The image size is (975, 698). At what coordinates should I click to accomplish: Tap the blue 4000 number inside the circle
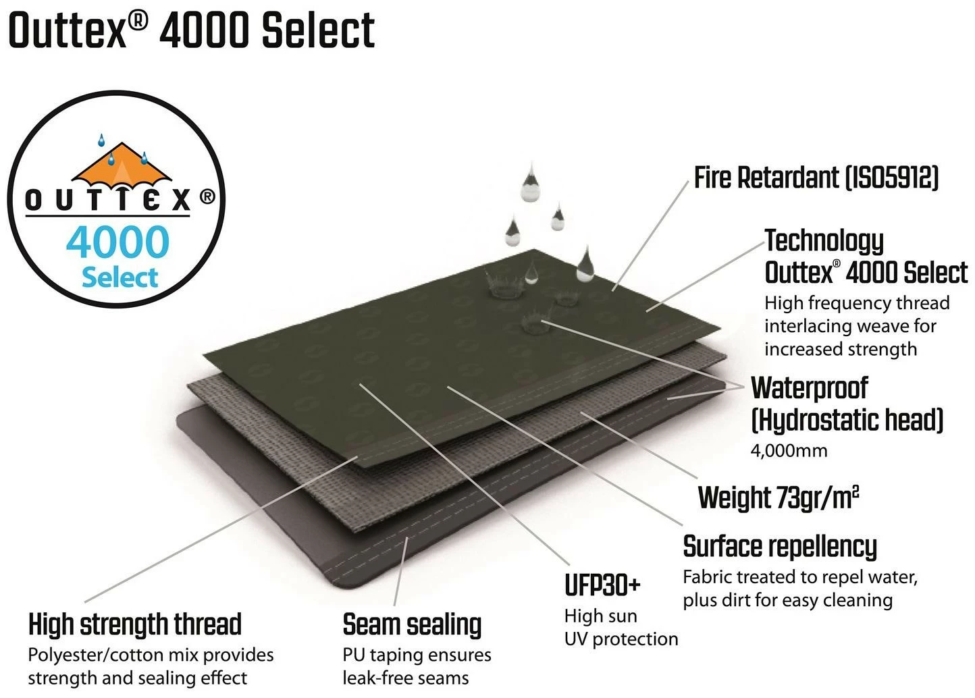click(117, 242)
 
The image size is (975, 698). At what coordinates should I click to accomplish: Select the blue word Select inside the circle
click(120, 277)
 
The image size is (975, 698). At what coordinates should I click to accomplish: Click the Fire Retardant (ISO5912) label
click(816, 178)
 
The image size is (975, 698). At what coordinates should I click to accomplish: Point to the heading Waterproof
click(809, 387)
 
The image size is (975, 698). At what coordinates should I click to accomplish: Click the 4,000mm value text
click(789, 450)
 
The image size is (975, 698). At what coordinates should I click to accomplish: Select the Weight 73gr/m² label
click(779, 497)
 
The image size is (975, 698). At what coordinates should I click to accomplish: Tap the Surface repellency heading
click(780, 546)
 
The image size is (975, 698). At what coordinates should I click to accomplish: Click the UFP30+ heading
click(602, 585)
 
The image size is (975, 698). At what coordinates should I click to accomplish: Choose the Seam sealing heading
click(412, 625)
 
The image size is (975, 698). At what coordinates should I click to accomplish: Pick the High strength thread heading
click(134, 624)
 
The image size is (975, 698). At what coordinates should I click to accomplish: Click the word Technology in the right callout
click(824, 240)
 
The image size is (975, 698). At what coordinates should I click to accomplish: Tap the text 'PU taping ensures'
click(417, 655)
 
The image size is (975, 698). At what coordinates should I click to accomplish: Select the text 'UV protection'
click(621, 639)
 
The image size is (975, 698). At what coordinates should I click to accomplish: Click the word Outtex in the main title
click(68, 31)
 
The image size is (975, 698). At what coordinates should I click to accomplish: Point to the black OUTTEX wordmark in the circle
click(107, 200)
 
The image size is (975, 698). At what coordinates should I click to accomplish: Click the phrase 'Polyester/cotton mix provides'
click(151, 655)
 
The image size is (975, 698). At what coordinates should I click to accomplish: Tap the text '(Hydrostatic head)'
click(847, 420)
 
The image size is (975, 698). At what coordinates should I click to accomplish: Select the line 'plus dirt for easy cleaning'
click(787, 600)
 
